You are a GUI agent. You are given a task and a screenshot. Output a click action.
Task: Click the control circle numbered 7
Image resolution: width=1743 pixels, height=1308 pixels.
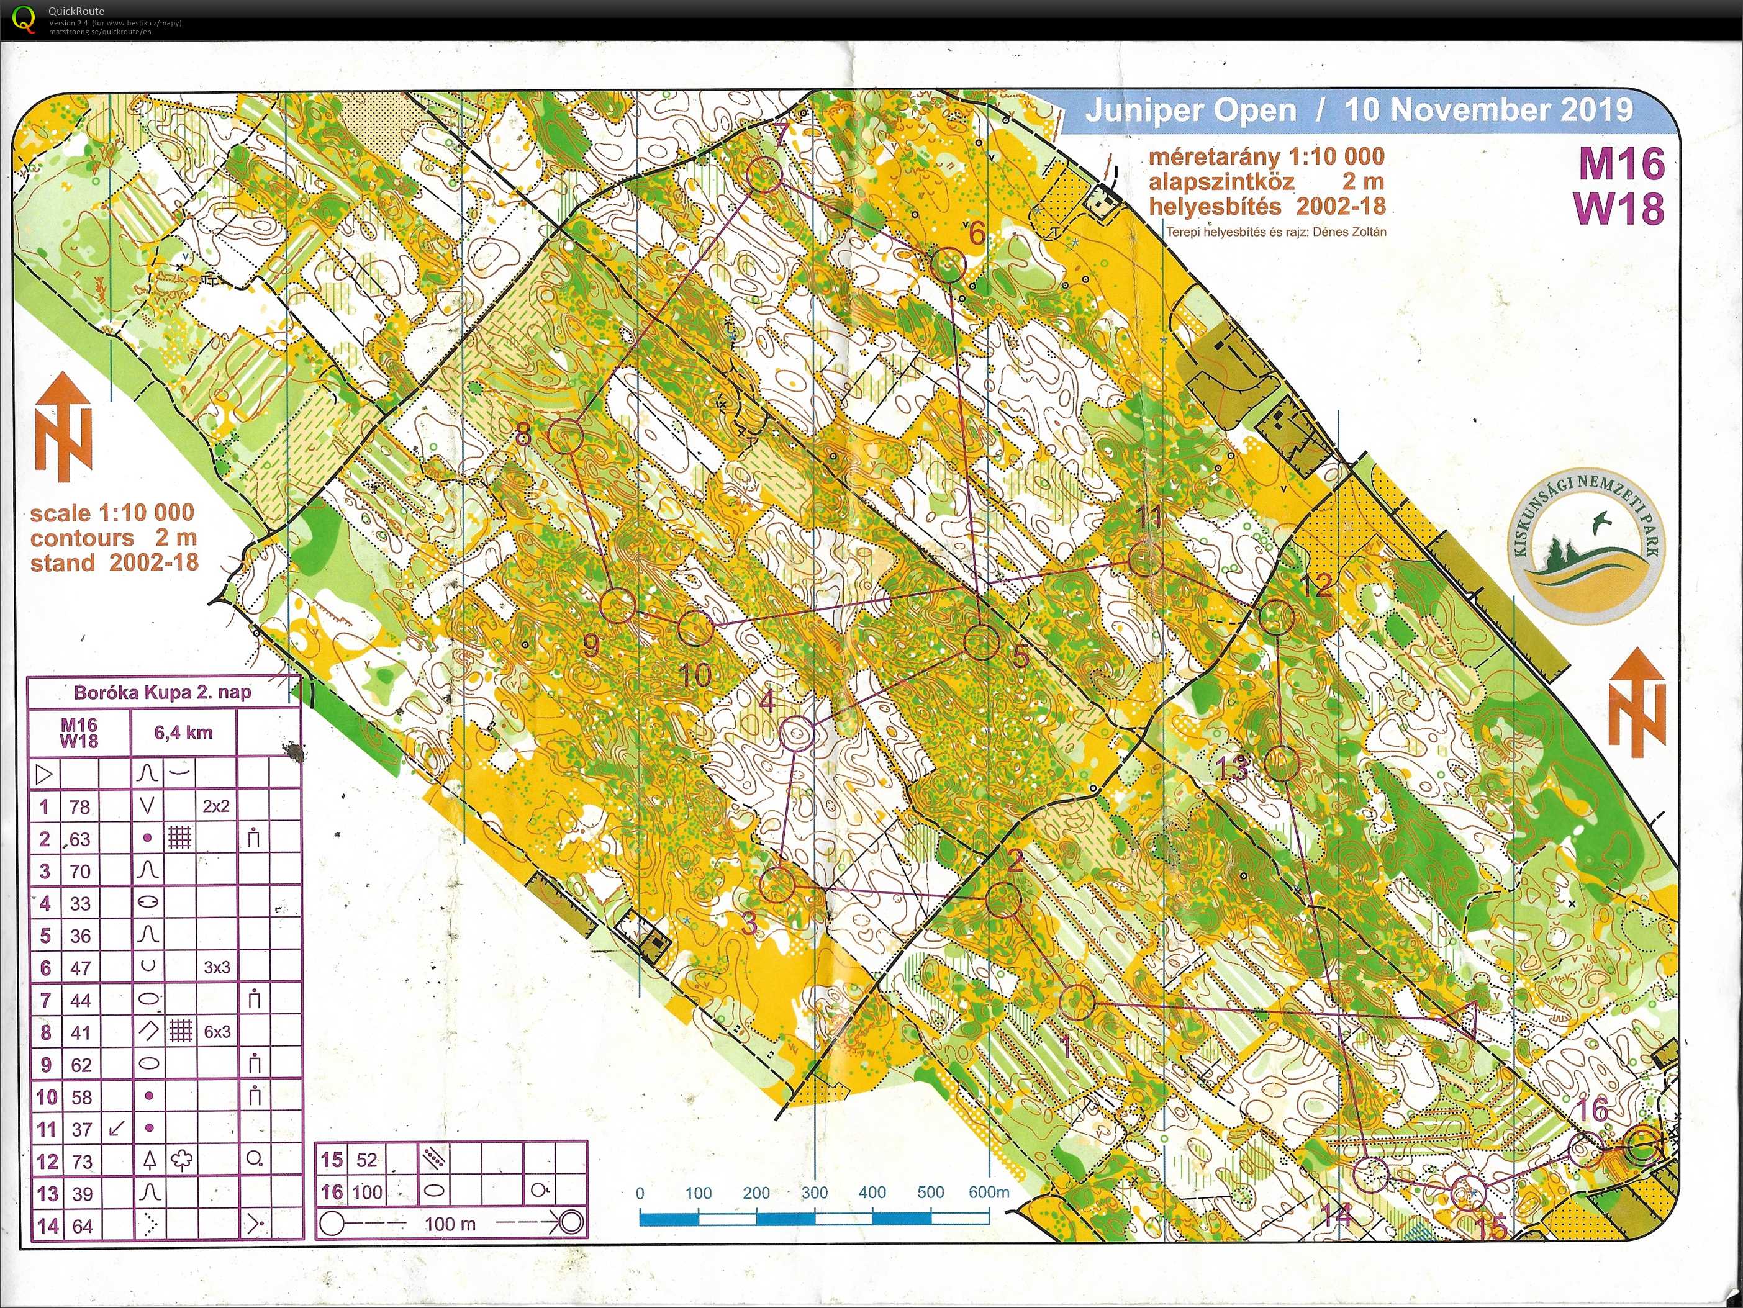coord(764,175)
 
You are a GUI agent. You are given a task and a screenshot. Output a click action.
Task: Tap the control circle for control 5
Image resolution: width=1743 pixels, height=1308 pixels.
coord(982,641)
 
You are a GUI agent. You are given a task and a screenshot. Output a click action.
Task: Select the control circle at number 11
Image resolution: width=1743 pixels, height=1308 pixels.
coord(1146,559)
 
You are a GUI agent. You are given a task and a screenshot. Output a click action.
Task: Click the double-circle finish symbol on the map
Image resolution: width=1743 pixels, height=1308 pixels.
coord(1643,1145)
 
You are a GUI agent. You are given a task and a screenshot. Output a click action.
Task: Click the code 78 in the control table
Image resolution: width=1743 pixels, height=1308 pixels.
coord(79,807)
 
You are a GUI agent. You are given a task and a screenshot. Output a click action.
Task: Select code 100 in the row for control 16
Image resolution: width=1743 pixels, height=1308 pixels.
coord(367,1192)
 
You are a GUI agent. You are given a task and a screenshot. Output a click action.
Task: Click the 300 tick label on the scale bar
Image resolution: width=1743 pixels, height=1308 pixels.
coord(814,1192)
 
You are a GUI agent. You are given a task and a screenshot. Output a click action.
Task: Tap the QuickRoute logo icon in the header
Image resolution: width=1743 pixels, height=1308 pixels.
coord(24,19)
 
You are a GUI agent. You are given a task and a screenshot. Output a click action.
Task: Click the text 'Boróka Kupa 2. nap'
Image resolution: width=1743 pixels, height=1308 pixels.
coord(162,693)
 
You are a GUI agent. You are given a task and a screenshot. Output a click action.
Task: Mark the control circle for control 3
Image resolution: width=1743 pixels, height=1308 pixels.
coord(777,885)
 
